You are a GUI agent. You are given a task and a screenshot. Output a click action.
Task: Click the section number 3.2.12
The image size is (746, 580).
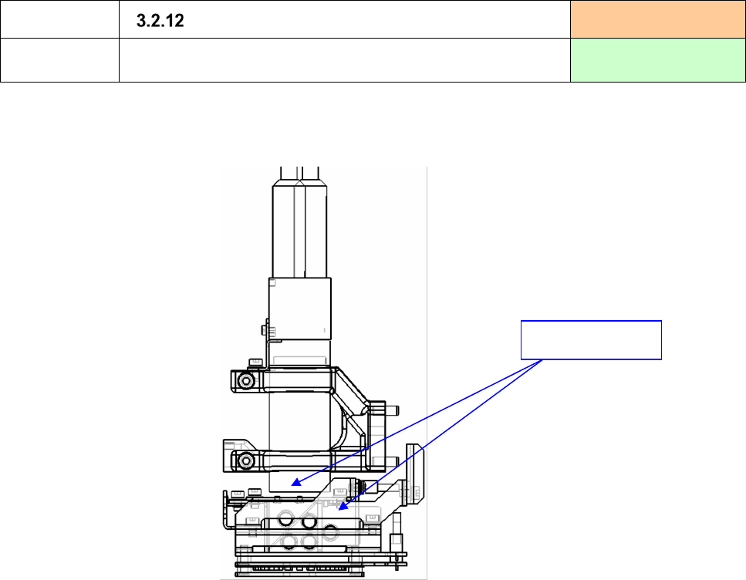click(x=160, y=21)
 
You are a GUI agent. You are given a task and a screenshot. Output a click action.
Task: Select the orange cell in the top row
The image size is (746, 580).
click(x=658, y=19)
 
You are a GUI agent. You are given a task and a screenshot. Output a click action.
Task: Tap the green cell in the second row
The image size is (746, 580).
click(x=658, y=60)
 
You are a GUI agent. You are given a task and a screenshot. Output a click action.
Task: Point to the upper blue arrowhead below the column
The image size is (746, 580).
click(x=296, y=483)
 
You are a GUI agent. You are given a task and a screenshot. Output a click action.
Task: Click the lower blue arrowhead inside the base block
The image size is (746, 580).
click(x=343, y=506)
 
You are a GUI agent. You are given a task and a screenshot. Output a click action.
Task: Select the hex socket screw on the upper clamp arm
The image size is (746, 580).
click(x=245, y=381)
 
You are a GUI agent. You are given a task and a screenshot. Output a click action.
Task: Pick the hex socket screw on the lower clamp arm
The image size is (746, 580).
click(x=245, y=460)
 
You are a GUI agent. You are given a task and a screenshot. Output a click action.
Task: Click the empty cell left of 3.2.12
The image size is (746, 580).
click(x=59, y=19)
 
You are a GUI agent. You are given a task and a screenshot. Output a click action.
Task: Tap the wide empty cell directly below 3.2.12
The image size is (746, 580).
click(x=344, y=60)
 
